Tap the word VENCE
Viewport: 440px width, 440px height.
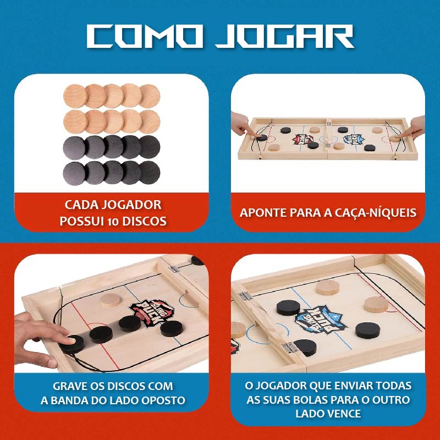click(x=347, y=413)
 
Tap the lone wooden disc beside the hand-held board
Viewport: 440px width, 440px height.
click(x=110, y=300)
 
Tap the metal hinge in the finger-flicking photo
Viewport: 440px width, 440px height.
click(x=174, y=269)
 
